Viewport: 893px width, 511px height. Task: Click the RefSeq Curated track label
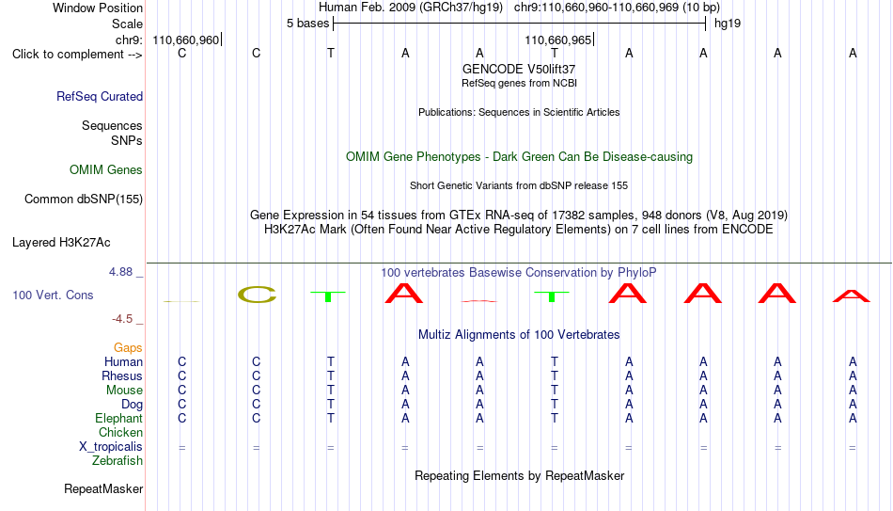click(x=100, y=96)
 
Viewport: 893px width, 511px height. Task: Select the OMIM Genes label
click(x=106, y=170)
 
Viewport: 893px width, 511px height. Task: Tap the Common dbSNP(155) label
click(x=84, y=200)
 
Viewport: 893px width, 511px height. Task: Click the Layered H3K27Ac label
click(x=61, y=243)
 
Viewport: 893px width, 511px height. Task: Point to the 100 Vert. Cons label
click(x=53, y=295)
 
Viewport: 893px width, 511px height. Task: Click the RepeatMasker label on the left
click(x=103, y=488)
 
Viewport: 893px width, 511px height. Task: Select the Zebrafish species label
click(x=117, y=460)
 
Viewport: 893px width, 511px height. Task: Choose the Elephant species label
click(x=118, y=418)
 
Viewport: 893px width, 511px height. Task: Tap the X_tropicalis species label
click(x=111, y=447)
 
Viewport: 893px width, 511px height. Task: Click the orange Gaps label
click(x=128, y=347)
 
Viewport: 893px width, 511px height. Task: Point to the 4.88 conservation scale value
click(x=120, y=272)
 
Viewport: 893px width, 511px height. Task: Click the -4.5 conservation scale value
click(x=122, y=319)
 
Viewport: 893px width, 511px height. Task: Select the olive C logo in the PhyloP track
click(x=257, y=295)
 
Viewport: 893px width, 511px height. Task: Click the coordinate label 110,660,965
click(x=558, y=40)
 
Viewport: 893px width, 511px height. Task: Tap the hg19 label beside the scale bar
click(x=728, y=24)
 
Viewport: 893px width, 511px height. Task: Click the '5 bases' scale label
click(x=308, y=24)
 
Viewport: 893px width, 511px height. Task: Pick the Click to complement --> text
click(x=77, y=55)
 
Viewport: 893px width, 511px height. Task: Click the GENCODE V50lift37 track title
click(x=519, y=69)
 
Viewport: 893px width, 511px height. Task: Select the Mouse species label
click(x=124, y=391)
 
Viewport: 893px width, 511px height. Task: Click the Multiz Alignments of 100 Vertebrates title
click(x=519, y=335)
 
